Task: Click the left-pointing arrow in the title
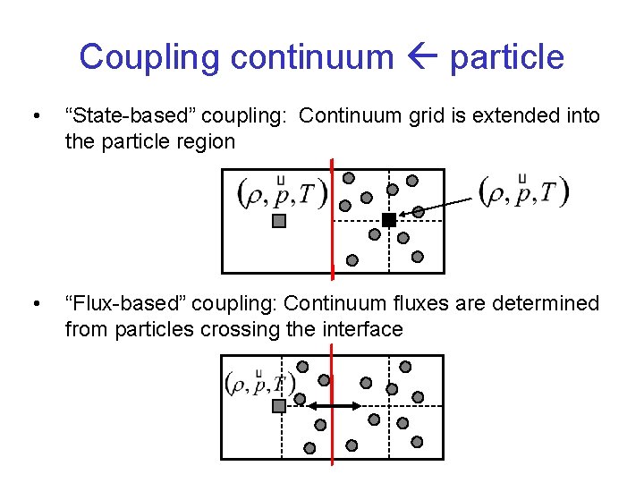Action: point(421,58)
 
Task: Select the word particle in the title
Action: point(506,58)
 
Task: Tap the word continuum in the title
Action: point(312,58)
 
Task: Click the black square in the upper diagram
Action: point(388,220)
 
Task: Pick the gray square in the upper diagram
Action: point(278,221)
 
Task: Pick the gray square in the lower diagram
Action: point(278,406)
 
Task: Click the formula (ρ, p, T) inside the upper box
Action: point(282,193)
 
